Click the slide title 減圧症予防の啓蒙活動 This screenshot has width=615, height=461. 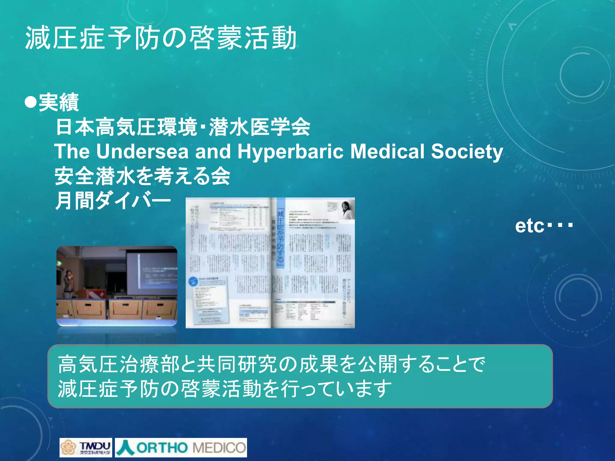click(161, 38)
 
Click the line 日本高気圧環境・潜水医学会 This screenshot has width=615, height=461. click(183, 127)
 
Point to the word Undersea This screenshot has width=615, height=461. click(142, 152)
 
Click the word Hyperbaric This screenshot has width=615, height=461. click(290, 152)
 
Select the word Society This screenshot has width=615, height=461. click(467, 152)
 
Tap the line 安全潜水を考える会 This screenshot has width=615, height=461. click(142, 176)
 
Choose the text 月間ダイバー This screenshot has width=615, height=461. click(113, 201)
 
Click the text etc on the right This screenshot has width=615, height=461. click(530, 226)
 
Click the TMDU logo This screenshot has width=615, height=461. click(86, 447)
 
